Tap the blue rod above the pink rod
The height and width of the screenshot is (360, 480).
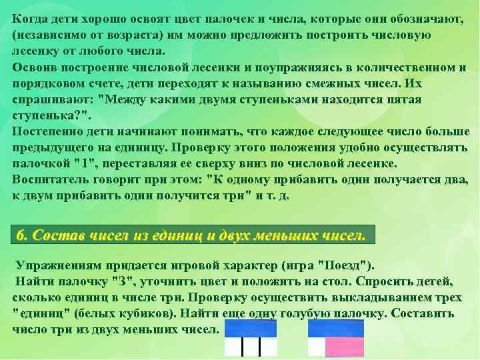pyautogui.click(x=336, y=328)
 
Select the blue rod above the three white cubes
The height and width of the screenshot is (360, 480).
pyautogui.click(x=251, y=328)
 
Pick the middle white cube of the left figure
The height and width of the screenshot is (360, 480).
pyautogui.click(x=251, y=347)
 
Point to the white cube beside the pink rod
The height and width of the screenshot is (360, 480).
pyautogui.click(x=316, y=347)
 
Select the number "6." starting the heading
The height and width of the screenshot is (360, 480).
pyautogui.click(x=23, y=235)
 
